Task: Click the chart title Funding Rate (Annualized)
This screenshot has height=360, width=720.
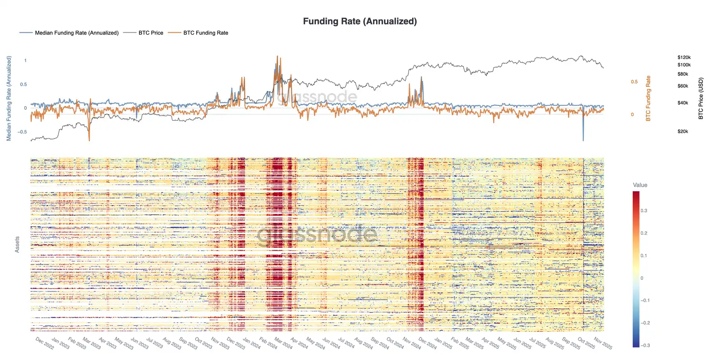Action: point(360,21)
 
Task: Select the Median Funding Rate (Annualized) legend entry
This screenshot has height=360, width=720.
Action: point(76,33)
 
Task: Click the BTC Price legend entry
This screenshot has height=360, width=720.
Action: point(151,33)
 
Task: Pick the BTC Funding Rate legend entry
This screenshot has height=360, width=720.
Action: point(206,33)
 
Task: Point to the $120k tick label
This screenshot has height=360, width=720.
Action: point(684,58)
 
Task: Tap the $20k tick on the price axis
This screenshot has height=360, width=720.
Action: point(683,131)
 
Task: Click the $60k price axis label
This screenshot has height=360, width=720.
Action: point(683,86)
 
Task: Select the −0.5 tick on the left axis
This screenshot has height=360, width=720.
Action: point(22,132)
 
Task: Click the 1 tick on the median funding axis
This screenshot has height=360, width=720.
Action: point(25,60)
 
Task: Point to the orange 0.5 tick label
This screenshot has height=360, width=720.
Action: point(634,82)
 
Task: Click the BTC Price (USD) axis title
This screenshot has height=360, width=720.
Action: point(701,99)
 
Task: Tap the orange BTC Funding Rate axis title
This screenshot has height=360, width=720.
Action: point(648,99)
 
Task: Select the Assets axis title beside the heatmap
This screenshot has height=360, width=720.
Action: point(17,244)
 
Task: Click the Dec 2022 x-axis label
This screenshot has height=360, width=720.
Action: point(45,343)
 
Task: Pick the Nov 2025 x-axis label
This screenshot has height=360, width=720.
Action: point(603,343)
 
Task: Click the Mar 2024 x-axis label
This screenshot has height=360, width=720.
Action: point(283,343)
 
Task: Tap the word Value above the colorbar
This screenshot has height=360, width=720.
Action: point(640,185)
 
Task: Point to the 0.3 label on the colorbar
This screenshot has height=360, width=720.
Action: point(644,211)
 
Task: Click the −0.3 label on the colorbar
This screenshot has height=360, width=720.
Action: point(645,345)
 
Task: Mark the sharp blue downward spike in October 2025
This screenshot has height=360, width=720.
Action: point(583,135)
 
